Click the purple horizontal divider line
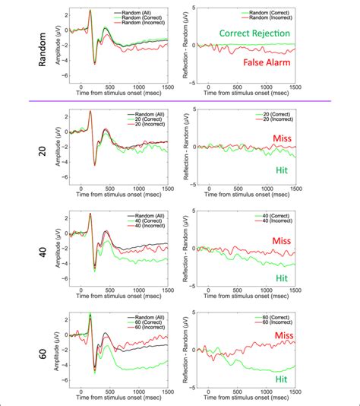pos(180,100)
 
